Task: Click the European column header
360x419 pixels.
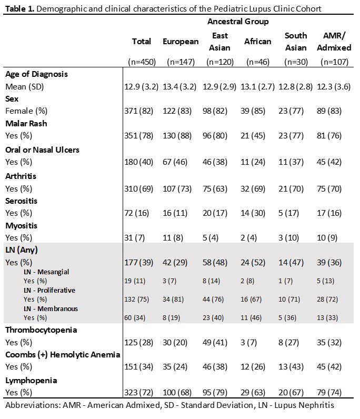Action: click(181, 42)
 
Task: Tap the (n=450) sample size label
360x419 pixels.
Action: click(142, 62)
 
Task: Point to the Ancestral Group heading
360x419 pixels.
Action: click(238, 22)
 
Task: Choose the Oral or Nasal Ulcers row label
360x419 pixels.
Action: click(42, 150)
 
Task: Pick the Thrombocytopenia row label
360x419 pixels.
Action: click(41, 330)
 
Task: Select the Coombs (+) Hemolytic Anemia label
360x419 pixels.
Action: click(62, 355)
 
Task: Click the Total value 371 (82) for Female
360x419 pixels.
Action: click(141, 111)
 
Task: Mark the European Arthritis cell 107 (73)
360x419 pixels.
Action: click(181, 188)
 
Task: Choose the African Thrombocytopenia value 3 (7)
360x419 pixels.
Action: click(258, 342)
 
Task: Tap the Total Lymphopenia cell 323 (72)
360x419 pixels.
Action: click(141, 393)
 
